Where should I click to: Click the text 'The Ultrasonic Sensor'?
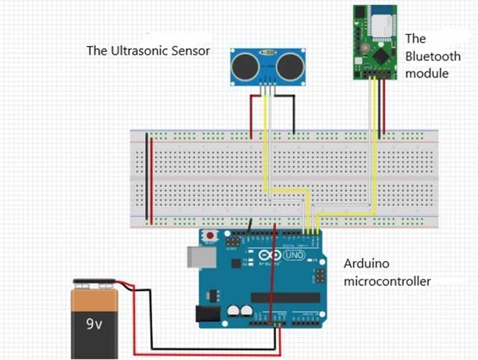(148, 51)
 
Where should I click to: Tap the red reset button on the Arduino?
(210, 236)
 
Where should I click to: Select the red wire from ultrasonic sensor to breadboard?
(250, 113)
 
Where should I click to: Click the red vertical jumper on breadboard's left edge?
(152, 179)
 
